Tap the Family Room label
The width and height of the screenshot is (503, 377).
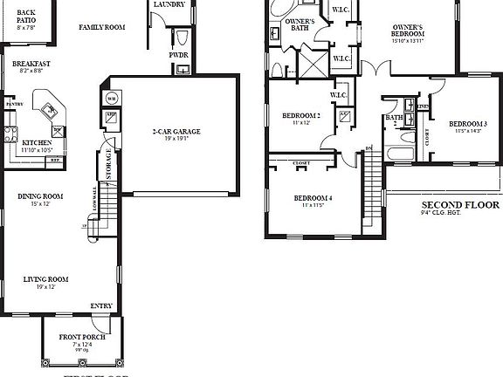click(102, 28)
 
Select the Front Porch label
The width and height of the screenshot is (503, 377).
click(83, 337)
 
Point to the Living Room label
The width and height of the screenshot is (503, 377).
click(45, 279)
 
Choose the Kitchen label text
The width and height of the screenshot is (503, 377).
click(38, 142)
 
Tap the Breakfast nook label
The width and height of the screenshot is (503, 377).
click(31, 64)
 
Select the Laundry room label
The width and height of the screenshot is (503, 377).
click(169, 4)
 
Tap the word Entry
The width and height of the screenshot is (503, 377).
click(101, 306)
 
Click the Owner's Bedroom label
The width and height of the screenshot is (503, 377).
click(413, 28)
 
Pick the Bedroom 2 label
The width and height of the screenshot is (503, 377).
click(300, 116)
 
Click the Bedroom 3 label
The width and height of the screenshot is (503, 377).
click(467, 124)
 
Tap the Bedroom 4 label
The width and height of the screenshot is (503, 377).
click(313, 197)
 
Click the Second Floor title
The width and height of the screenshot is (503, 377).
click(459, 205)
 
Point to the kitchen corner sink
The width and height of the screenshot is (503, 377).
click(49, 109)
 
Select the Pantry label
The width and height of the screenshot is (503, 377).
click(13, 104)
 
